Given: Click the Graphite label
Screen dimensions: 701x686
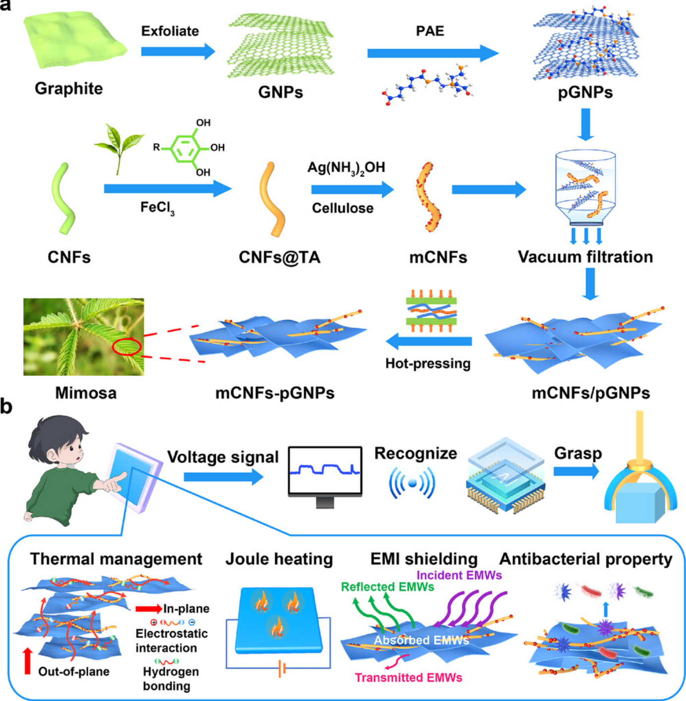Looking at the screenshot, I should pyautogui.click(x=68, y=88).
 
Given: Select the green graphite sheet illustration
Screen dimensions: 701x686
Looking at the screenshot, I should pyautogui.click(x=74, y=40).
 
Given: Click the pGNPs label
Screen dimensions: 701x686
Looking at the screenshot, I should pyautogui.click(x=585, y=92).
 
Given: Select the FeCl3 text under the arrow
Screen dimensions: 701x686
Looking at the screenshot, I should pyautogui.click(x=157, y=207).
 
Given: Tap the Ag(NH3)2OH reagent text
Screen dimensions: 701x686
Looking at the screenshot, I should pyautogui.click(x=346, y=168).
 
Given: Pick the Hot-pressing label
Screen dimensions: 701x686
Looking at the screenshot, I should pyautogui.click(x=428, y=363).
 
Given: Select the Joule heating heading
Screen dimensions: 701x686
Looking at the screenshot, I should pyautogui.click(x=279, y=559).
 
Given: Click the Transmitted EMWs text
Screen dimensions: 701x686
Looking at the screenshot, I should pyautogui.click(x=408, y=678).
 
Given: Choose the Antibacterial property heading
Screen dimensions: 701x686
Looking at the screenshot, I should pyautogui.click(x=586, y=559).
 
